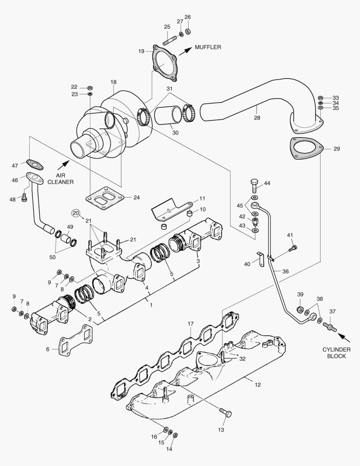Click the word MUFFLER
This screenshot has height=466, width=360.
pos(207,47)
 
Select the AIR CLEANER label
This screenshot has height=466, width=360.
pos(64,179)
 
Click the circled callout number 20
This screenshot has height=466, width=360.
pos(76,213)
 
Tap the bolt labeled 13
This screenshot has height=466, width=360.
pos(225,412)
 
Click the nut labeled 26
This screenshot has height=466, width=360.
pos(188,31)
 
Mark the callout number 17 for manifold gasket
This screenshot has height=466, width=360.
pos(191,324)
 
